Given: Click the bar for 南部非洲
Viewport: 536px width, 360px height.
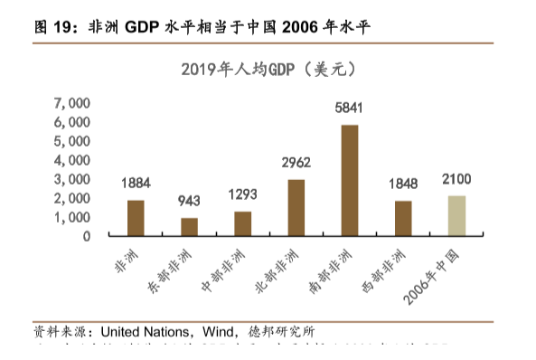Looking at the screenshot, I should pyautogui.click(x=350, y=180).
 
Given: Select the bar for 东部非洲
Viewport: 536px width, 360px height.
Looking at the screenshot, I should pyautogui.click(x=189, y=226).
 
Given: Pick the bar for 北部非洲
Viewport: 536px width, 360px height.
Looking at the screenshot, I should pyautogui.click(x=296, y=207).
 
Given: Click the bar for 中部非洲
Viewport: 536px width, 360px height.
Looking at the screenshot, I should pyautogui.click(x=242, y=223).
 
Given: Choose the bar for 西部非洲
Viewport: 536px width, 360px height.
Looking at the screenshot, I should pyautogui.click(x=403, y=218).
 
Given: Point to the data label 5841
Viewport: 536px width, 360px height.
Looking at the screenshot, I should pyautogui.click(x=349, y=109).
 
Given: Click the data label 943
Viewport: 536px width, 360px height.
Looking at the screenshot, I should pyautogui.click(x=189, y=201).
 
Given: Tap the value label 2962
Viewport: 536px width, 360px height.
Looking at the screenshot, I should pyautogui.click(x=296, y=164).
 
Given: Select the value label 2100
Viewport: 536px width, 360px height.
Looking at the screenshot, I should pyautogui.click(x=456, y=178).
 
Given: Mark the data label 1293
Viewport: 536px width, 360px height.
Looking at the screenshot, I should pyautogui.click(x=242, y=194).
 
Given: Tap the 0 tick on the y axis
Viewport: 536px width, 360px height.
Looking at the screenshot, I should pyautogui.click(x=86, y=237).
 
